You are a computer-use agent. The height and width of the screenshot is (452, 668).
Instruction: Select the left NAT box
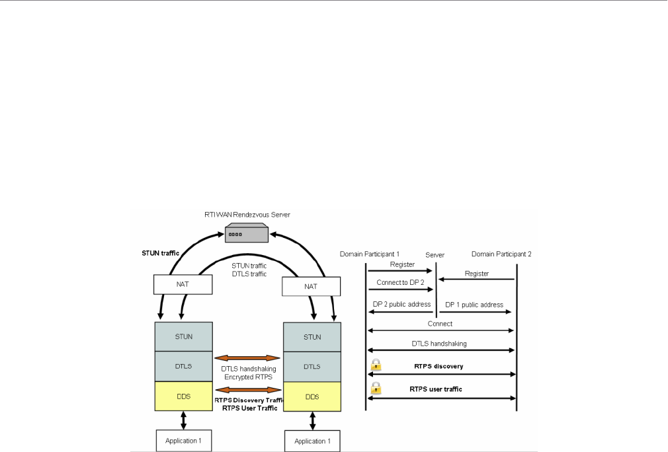click(184, 284)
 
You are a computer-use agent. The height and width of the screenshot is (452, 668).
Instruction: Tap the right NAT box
click(312, 286)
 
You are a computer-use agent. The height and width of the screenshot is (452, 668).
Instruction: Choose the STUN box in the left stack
click(184, 337)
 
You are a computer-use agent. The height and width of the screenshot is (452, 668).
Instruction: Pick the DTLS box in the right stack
click(312, 365)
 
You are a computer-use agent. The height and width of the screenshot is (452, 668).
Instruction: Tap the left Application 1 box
click(183, 440)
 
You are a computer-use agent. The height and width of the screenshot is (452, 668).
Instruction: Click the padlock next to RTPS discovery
click(376, 365)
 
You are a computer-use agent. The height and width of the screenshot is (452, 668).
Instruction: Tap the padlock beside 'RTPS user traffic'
click(376, 388)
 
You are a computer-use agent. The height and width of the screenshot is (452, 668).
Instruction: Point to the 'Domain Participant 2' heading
click(501, 254)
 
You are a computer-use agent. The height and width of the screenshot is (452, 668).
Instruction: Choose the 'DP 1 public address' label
click(474, 305)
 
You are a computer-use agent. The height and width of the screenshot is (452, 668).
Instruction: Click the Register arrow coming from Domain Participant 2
click(476, 280)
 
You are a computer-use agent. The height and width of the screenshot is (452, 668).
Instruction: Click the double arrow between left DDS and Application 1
click(183, 418)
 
